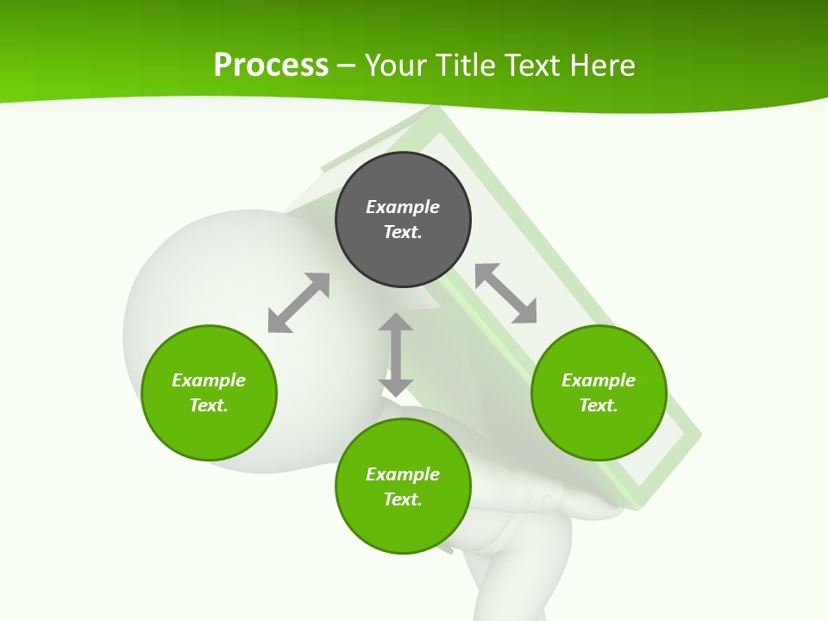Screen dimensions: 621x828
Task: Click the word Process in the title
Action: point(271,65)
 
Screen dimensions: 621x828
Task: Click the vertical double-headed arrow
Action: point(396,354)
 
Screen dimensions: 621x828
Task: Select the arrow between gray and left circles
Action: point(298,303)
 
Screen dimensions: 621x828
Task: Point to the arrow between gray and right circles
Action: point(505,293)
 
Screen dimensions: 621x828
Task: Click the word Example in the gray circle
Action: point(403,207)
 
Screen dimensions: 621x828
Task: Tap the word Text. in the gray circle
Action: point(403,232)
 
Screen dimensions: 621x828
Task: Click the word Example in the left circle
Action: point(209,380)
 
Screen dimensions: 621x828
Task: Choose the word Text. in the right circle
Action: point(599,405)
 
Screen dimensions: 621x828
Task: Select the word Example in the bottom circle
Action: point(403,474)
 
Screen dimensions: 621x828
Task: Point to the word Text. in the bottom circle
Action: point(403,499)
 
